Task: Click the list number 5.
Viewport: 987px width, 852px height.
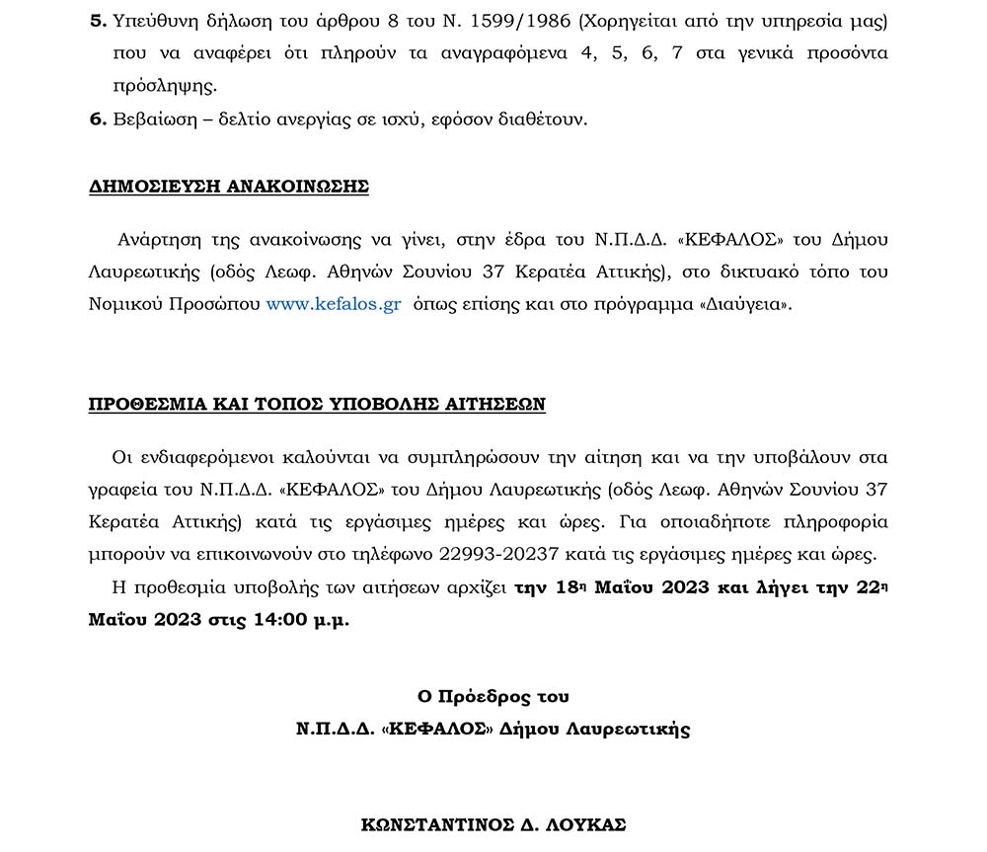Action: (96, 21)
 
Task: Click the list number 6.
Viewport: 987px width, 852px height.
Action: (96, 119)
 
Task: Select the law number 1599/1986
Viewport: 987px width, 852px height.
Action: (548, 21)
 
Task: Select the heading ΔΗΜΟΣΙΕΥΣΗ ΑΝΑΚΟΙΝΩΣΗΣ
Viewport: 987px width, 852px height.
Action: (228, 187)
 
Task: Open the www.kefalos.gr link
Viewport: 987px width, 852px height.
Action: (333, 304)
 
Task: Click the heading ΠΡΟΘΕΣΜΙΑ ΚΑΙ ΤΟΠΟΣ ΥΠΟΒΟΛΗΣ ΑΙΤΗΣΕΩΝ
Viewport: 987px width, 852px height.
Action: (317, 404)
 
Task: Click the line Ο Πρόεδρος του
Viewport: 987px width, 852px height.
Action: (493, 696)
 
